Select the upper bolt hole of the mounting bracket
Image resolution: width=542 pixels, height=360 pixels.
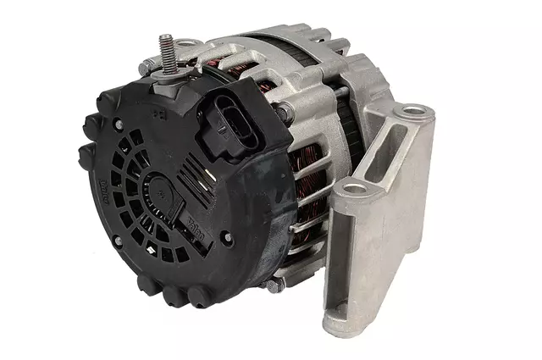click(x=416, y=110)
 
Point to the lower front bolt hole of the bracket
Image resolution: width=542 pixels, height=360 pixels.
click(x=357, y=188)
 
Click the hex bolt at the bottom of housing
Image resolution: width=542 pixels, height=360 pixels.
click(x=274, y=285)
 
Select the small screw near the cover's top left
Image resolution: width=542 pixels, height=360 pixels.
click(x=119, y=125)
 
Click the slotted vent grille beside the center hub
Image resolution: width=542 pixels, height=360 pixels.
click(x=127, y=191)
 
